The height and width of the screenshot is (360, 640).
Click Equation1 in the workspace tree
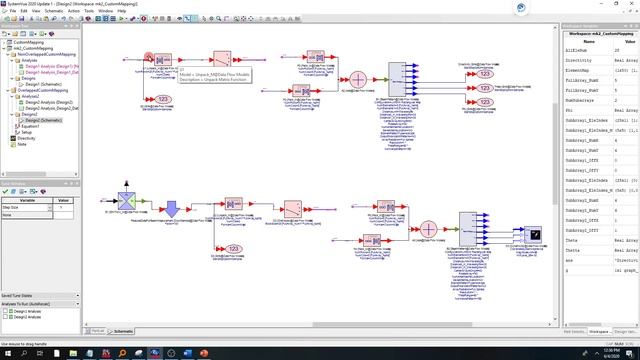27,126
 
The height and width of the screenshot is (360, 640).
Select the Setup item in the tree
23,132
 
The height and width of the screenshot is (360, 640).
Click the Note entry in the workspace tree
22,144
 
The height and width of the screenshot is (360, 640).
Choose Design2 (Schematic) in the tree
39,120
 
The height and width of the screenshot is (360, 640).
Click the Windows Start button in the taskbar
5,354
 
